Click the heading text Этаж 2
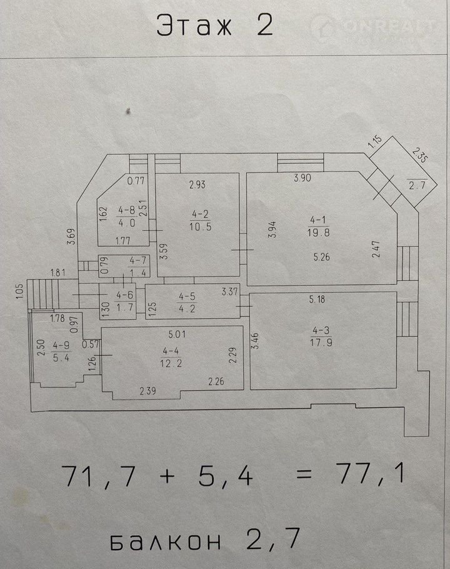click(214, 25)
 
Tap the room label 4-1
click(318, 219)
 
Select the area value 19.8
click(318, 232)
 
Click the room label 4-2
click(200, 214)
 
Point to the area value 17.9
click(321, 342)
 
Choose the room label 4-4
click(171, 351)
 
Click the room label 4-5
click(187, 296)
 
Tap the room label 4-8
click(126, 209)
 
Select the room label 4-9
click(61, 345)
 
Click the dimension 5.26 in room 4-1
click(322, 257)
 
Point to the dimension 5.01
click(177, 333)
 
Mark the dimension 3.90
click(302, 178)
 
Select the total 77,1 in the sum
click(370, 475)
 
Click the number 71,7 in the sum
click(99, 476)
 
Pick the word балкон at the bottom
click(166, 541)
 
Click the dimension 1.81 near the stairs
click(58, 273)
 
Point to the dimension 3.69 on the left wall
click(71, 236)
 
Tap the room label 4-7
click(138, 260)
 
